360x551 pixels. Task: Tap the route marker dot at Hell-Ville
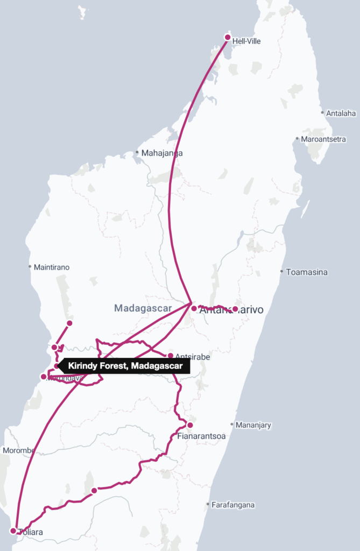point(228,37)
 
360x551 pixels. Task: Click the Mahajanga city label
point(162,153)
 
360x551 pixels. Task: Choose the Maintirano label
point(52,267)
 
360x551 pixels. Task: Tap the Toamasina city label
point(307,272)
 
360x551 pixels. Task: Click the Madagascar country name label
point(143,308)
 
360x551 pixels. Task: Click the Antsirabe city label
point(193,357)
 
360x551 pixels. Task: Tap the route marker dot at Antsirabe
point(171,356)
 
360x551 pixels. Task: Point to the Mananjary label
point(253,425)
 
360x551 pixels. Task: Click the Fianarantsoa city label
point(201,436)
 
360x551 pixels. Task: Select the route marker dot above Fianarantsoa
point(190,425)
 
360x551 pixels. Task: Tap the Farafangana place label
point(233,505)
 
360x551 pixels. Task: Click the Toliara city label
point(30,533)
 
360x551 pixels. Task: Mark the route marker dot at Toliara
point(13,531)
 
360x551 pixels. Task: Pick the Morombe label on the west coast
point(18,450)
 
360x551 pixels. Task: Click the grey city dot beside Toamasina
point(281,272)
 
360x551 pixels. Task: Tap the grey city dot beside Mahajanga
point(137,153)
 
